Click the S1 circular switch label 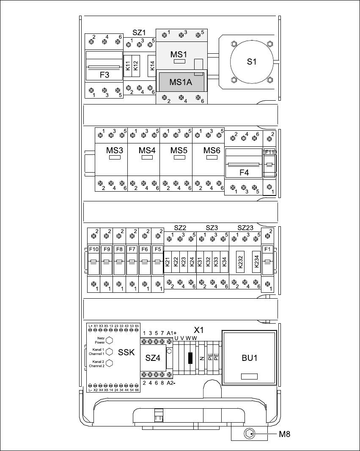coord(252,62)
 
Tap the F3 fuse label coord(104,75)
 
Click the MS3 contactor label coord(115,150)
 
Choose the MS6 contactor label coord(212,150)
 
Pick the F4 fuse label coord(244,172)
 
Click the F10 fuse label coord(93,249)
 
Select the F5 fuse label coord(158,249)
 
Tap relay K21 coord(168,262)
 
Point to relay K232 coord(240,262)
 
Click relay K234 coord(256,262)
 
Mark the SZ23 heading coord(245,228)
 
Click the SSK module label coord(126,352)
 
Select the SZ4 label coord(153,358)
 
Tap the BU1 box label coord(250,358)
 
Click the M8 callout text coord(285,434)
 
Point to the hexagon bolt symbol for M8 coord(250,434)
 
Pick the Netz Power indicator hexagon coord(109,340)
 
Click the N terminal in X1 coord(202,358)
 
